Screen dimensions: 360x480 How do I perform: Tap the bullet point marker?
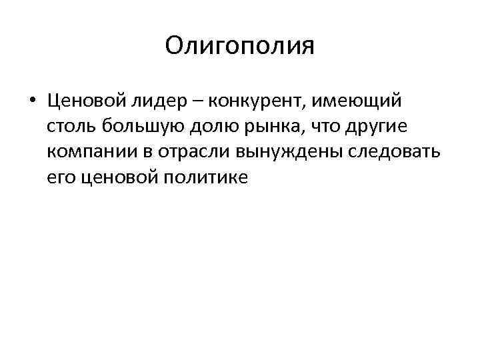33,101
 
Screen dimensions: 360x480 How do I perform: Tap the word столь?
69,127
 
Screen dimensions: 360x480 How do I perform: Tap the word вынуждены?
282,152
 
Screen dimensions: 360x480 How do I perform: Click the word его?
59,177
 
